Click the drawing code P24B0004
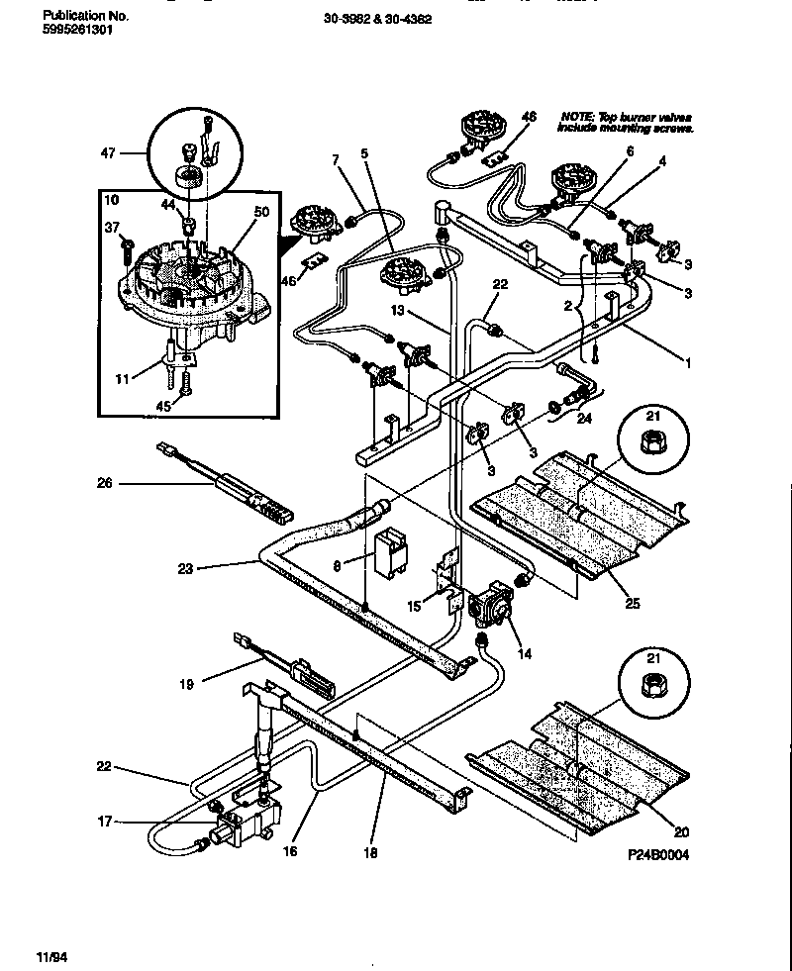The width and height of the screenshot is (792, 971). pos(656,855)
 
